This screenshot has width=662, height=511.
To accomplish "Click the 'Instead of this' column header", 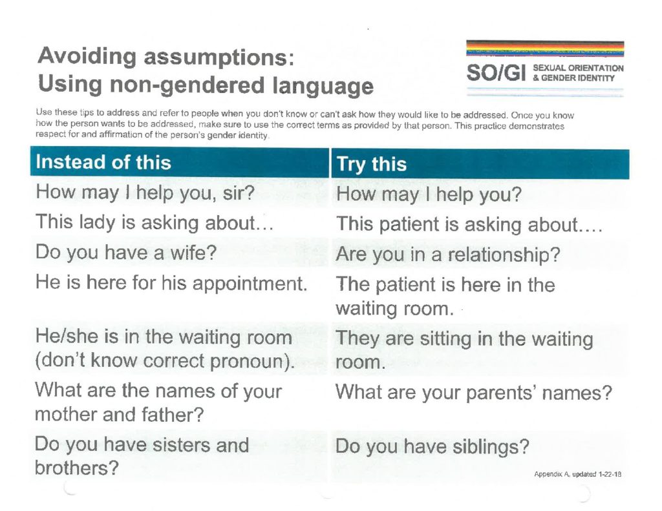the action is coord(103,162).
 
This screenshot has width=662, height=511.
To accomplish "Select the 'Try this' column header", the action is coord(372,164).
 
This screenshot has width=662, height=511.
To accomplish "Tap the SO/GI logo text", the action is coord(496,72).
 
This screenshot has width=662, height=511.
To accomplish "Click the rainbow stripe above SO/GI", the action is coord(545,48).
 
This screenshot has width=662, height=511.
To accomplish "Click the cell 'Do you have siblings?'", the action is coord(432,446).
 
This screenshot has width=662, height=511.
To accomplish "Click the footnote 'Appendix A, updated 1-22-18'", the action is coord(577,474).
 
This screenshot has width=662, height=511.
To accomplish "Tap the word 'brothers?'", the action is coord(76,468).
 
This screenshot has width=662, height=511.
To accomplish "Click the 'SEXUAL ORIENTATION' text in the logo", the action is coord(578,68).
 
